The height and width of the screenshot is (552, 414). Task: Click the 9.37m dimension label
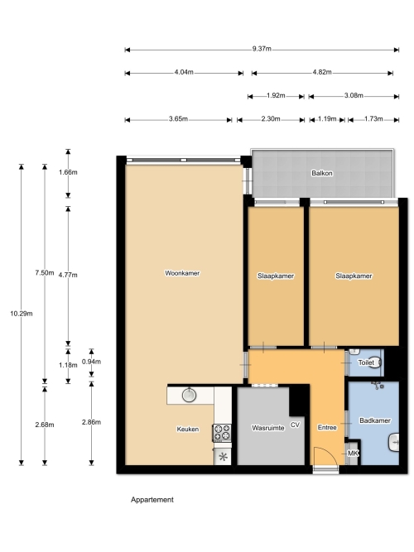pos(262,49)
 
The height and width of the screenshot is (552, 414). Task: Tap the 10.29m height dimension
pos(22,314)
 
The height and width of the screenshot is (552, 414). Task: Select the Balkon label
pos(322,173)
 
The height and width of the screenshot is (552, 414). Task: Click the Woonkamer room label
pos(182,273)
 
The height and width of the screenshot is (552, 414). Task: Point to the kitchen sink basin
pos(190,395)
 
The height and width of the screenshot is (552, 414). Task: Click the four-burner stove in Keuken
pos(222,433)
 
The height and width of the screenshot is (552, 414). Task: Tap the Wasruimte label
pos(267,428)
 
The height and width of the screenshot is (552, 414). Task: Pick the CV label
pos(295,425)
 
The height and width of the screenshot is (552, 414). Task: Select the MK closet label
pos(353,453)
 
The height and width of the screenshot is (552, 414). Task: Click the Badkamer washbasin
pos(393,442)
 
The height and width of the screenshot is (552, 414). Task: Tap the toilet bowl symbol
pos(376,362)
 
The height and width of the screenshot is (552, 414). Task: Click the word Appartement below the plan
pos(152,500)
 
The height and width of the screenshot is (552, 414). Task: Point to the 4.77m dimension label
pos(68,275)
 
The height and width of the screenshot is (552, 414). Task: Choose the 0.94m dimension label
pos(91,362)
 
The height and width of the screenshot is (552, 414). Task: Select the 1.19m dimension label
pos(327,118)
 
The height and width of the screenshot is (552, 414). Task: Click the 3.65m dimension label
pos(178,118)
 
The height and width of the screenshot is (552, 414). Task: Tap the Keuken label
pos(188,430)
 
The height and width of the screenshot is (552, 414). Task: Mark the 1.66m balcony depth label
pos(68,172)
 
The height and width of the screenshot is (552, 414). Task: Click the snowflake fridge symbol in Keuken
pos(223,457)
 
